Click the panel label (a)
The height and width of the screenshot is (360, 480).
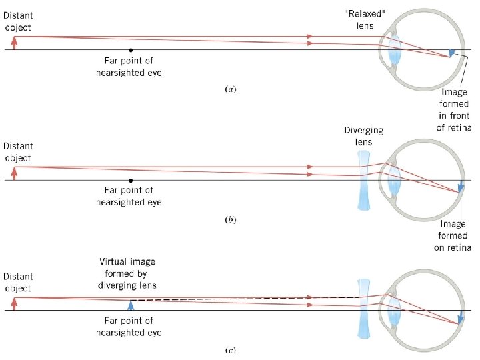coord(231,88)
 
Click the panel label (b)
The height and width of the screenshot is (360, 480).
coord(231,219)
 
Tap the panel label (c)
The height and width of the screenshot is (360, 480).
coord(231,349)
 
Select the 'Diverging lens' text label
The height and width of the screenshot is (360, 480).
coord(364,136)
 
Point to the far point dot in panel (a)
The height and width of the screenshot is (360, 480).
coord(131,50)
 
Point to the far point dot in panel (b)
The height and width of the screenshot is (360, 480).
coord(131,180)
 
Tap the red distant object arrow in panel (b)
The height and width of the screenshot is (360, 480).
coord(13,173)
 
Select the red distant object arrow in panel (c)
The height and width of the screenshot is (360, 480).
coord(13,303)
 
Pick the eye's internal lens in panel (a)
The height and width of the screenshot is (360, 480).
coord(394,50)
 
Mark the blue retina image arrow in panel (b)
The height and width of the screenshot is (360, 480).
coord(461,187)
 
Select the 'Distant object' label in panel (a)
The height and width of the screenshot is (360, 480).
coord(17,21)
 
